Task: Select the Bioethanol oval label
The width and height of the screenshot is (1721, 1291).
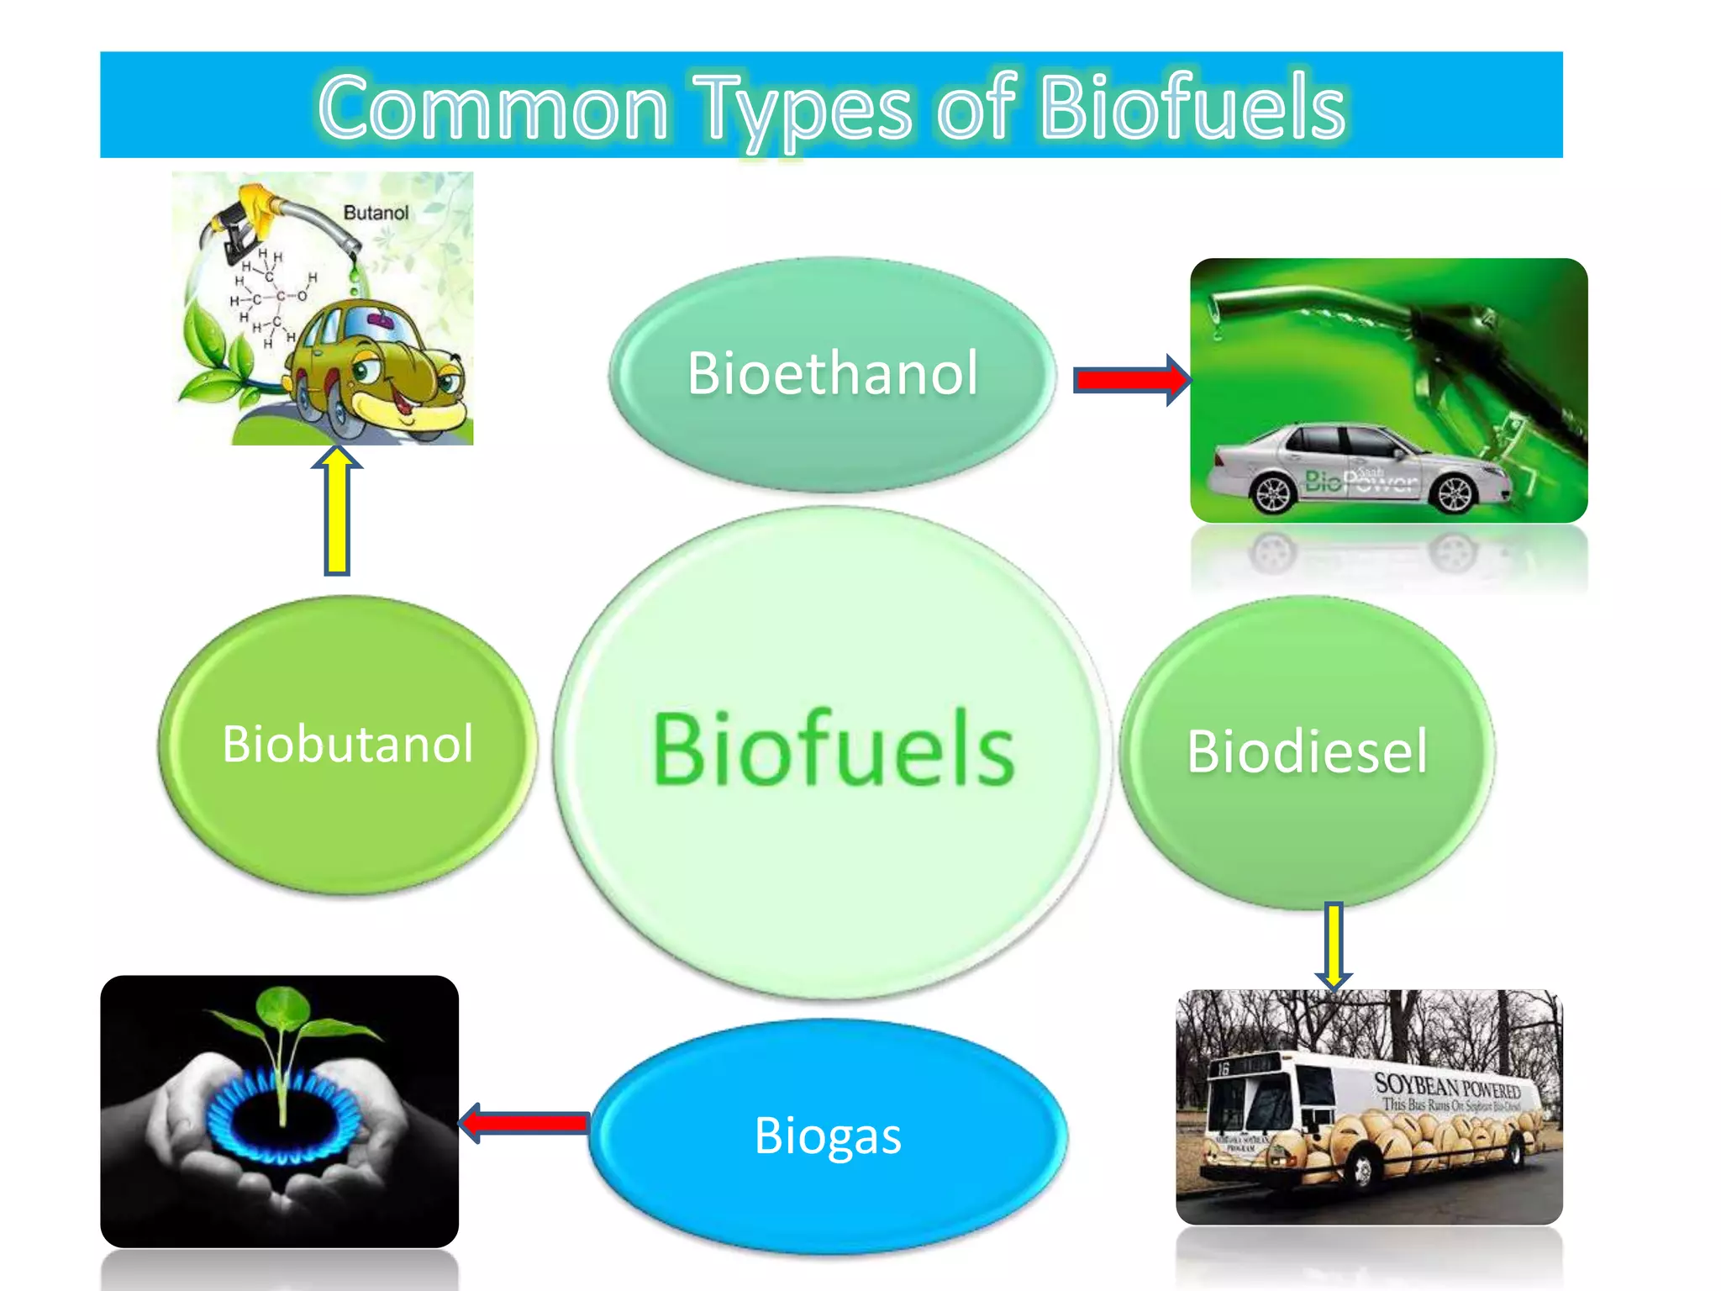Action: click(832, 373)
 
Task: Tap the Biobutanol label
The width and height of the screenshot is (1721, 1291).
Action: click(347, 744)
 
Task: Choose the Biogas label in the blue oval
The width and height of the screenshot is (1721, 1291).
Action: click(828, 1136)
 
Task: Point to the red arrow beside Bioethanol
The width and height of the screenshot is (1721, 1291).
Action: click(1130, 380)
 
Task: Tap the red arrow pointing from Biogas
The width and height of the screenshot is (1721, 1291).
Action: click(526, 1123)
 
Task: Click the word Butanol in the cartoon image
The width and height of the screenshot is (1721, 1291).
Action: click(376, 213)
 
